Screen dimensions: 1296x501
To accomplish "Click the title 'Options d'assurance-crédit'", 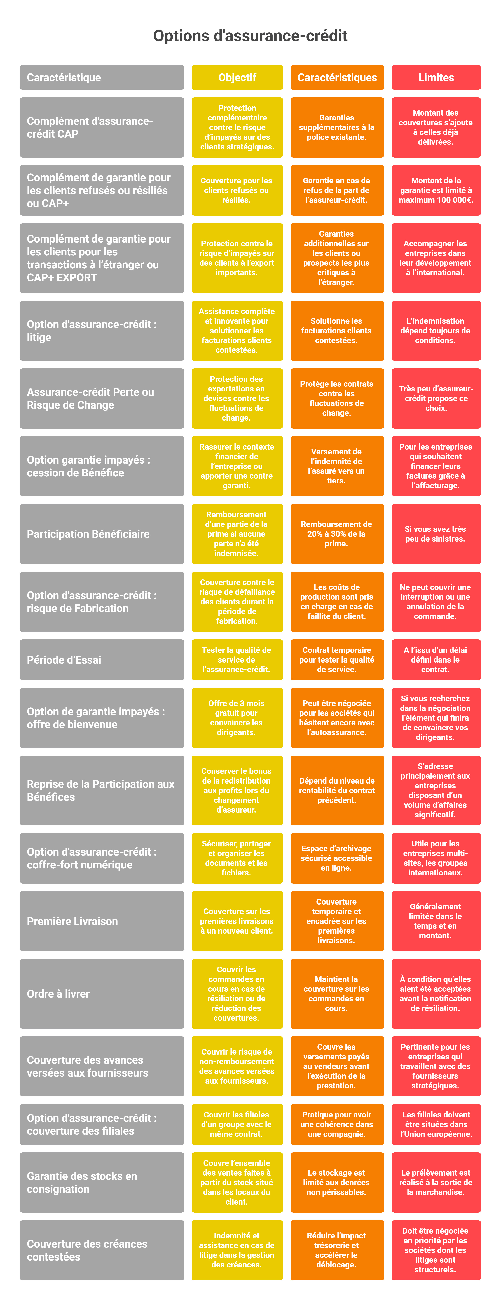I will pos(250,36).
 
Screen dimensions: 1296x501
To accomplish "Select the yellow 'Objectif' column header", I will pos(237,77).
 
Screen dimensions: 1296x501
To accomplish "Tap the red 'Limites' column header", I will pos(436,77).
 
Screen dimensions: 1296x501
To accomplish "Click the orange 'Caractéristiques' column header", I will pos(337,77).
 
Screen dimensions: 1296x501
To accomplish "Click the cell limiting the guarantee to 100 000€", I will pos(436,190).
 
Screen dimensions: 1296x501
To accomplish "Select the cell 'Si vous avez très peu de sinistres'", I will pos(436,534).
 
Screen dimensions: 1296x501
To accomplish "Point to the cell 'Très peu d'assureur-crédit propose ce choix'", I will pos(436,398).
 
